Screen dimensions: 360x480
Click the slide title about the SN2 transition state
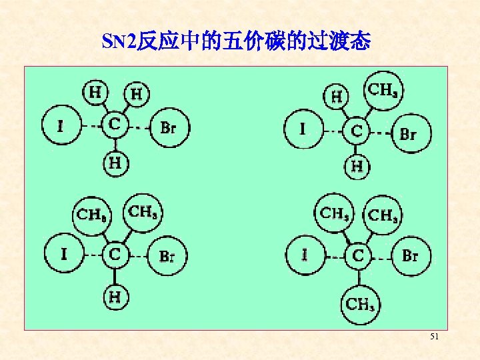click(236, 43)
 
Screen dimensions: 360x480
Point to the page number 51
click(434, 338)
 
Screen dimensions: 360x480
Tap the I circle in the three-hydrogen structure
click(61, 125)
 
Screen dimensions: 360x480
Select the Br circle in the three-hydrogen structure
click(169, 127)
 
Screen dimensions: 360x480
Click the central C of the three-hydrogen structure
click(115, 124)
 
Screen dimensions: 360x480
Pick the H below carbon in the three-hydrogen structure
click(115, 162)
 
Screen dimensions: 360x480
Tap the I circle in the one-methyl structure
click(303, 129)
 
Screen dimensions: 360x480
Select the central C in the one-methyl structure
click(357, 131)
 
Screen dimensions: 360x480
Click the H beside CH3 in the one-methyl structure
click(337, 97)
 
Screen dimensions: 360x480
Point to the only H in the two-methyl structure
click(115, 296)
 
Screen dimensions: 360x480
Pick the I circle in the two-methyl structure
click(64, 254)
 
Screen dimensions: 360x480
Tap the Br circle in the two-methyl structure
click(167, 255)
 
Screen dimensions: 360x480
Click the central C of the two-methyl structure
click(115, 254)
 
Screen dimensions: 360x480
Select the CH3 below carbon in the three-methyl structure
click(360, 304)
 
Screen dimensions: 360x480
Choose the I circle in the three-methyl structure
click(305, 255)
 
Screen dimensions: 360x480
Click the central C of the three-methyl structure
click(359, 255)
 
